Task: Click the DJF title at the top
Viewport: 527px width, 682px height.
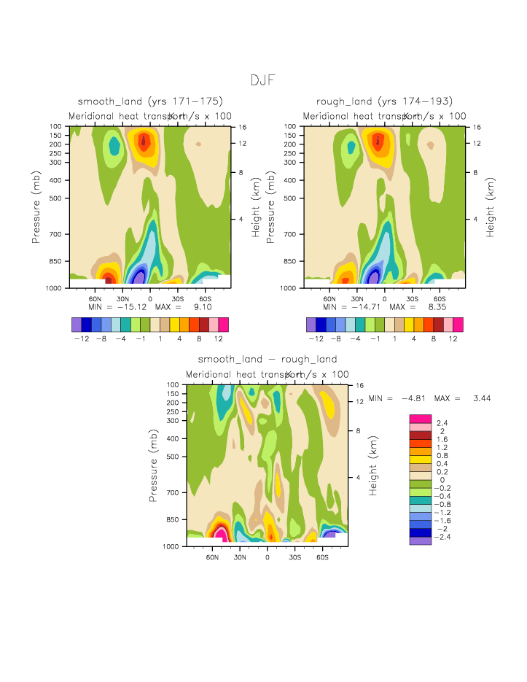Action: (262, 80)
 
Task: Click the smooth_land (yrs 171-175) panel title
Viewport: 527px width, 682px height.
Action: (150, 101)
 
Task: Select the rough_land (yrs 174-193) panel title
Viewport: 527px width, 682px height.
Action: (384, 101)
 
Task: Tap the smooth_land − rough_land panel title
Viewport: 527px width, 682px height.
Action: (268, 359)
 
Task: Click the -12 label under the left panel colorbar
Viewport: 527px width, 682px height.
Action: (82, 339)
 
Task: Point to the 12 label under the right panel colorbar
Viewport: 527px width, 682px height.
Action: (453, 339)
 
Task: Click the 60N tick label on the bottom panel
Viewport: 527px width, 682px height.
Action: (213, 557)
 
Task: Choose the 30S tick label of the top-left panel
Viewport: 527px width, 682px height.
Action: (177, 298)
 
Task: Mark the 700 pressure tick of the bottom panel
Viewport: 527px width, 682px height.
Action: (172, 492)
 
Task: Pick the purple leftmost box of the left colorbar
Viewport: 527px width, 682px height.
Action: (77, 325)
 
